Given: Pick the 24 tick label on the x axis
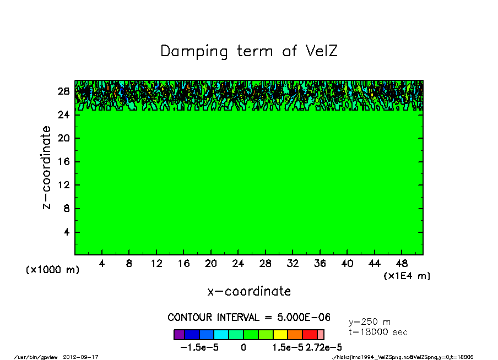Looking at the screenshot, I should pyautogui.click(x=238, y=264).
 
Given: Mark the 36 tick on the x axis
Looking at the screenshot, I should pyautogui.click(x=320, y=264).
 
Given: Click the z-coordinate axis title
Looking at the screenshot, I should pyautogui.click(x=48, y=167).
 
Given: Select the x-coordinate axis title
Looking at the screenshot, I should pyautogui.click(x=249, y=291).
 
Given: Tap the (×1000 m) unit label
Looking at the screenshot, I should pyautogui.click(x=53, y=270).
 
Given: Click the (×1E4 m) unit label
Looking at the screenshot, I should pyautogui.click(x=407, y=276).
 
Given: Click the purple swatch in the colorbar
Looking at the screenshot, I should pyautogui.click(x=178, y=334).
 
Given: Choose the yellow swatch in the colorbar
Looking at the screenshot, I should pyautogui.click(x=280, y=334).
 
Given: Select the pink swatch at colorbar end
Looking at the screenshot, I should pyautogui.click(x=321, y=334).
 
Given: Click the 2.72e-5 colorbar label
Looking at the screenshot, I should pyautogui.click(x=324, y=347).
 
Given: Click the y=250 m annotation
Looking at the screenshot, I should pyautogui.click(x=370, y=322).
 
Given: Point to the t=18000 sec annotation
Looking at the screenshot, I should pyautogui.click(x=378, y=332).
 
